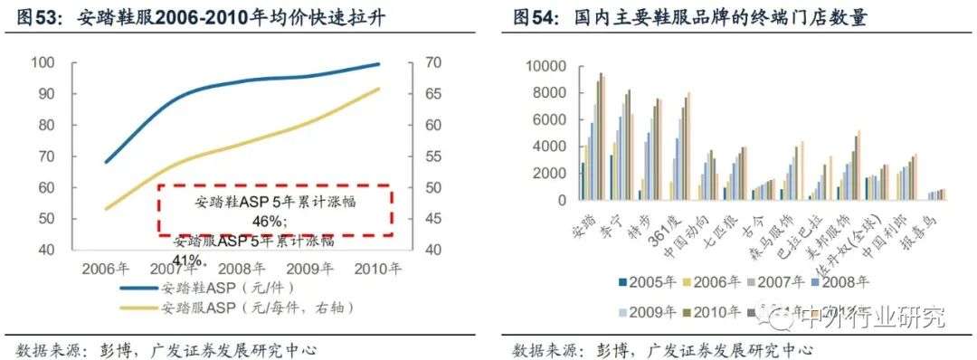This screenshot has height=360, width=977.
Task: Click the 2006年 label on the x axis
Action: [x=107, y=269]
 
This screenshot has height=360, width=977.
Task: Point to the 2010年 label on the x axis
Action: [x=375, y=269]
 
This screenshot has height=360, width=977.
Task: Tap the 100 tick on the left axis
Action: [x=43, y=62]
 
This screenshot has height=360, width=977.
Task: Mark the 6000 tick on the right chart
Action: [x=549, y=120]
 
